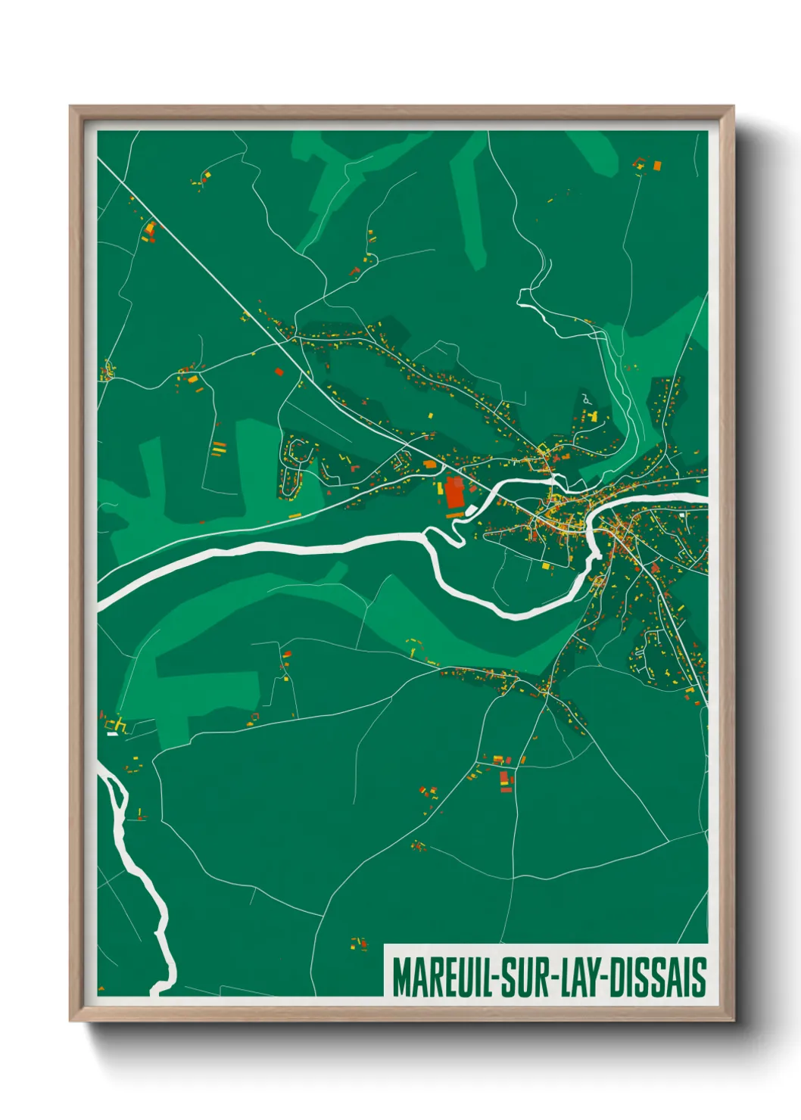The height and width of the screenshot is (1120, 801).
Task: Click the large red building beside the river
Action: pos(454,493)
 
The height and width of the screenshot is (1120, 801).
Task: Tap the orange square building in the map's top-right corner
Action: pos(657,164)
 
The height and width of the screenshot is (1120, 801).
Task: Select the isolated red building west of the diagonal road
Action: pos(279,372)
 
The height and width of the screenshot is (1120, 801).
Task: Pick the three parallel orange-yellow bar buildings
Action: pos(219,448)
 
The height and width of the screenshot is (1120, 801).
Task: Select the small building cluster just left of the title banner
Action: pos(359,943)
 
